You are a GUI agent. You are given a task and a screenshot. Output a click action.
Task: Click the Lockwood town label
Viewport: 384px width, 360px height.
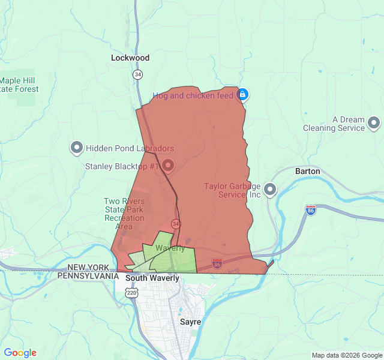click(130, 58)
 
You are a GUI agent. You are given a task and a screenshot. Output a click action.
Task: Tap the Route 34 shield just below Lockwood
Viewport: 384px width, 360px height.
click(138, 74)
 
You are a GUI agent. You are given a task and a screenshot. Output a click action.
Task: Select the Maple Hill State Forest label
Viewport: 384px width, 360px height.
click(19, 85)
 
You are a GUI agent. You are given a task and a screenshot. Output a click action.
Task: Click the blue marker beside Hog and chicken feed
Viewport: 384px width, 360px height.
click(242, 95)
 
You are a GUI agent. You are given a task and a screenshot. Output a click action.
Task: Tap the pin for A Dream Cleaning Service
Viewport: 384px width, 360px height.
click(374, 124)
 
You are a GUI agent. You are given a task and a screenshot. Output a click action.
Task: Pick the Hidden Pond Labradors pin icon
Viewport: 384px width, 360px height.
click(77, 148)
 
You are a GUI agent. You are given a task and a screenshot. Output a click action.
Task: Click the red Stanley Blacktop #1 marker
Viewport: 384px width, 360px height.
click(168, 165)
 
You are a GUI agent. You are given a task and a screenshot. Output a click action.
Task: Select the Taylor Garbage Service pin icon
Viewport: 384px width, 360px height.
click(270, 190)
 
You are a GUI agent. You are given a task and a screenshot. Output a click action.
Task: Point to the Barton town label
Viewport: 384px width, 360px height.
click(307, 171)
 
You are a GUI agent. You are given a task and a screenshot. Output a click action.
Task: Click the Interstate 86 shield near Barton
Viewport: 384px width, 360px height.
click(310, 210)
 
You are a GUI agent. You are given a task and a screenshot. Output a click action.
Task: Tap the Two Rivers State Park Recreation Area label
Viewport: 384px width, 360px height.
click(124, 214)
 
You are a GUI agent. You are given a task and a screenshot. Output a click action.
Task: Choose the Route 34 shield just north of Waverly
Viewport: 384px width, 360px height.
click(175, 223)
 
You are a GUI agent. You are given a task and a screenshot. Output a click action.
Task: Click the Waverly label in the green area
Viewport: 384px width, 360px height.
click(170, 248)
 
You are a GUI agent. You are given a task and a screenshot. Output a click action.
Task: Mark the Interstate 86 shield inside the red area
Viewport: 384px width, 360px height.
click(217, 262)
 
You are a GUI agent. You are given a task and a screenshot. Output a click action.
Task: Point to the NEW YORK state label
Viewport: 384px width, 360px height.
click(88, 268)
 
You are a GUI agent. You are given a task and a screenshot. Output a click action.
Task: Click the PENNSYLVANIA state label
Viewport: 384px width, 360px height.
click(88, 275)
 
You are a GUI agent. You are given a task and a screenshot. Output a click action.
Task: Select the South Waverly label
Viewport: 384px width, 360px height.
click(152, 278)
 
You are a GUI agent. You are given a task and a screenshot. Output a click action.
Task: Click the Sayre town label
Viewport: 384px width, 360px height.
click(191, 322)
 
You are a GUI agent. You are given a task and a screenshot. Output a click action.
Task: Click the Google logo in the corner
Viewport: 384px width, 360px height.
click(20, 353)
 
